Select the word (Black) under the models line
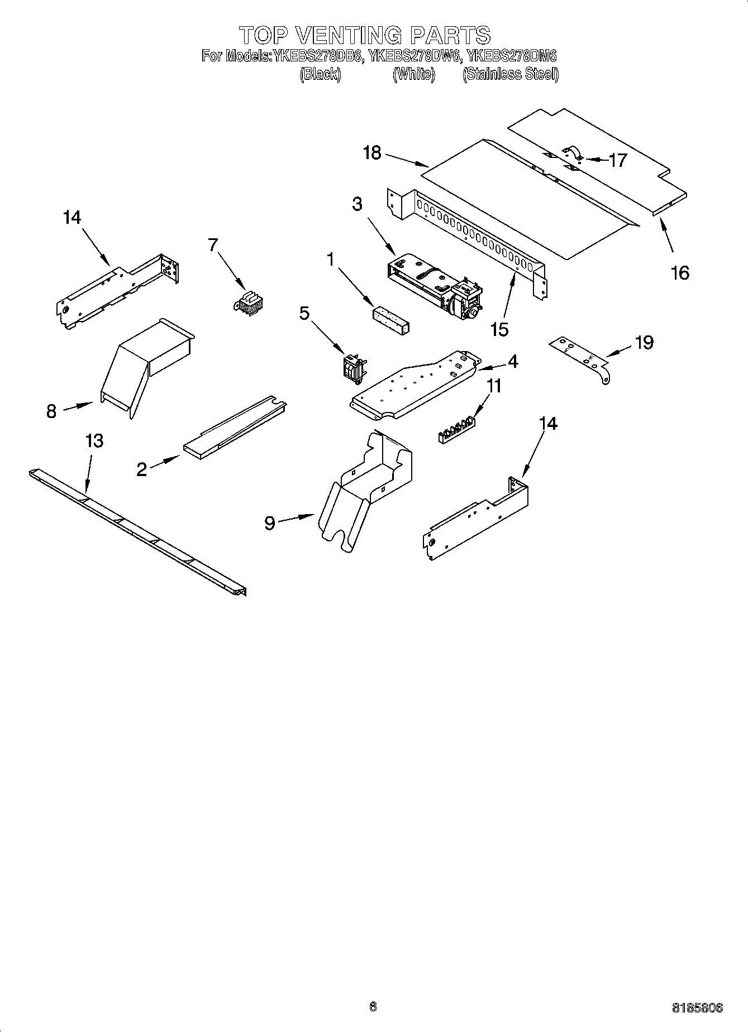(320, 74)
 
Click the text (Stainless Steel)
(510, 74)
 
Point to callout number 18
(372, 152)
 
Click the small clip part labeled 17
(573, 152)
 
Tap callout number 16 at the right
(680, 273)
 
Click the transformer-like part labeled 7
(248, 301)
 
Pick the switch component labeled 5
(352, 368)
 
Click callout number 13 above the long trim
(94, 440)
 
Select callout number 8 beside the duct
(51, 412)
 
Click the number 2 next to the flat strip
(142, 469)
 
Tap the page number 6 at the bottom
(373, 1006)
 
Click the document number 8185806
(697, 1008)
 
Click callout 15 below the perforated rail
(500, 329)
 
